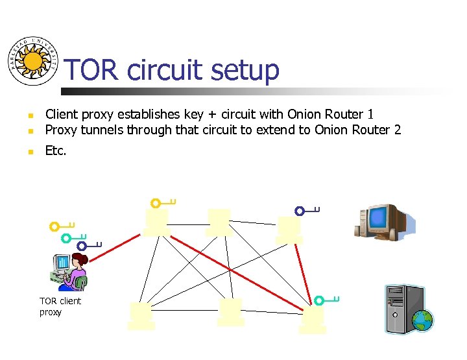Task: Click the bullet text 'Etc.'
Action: (x=55, y=151)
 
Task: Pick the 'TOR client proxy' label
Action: (x=60, y=306)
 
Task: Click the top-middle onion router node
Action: (x=219, y=222)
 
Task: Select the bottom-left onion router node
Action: (x=141, y=315)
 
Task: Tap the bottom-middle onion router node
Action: (x=231, y=311)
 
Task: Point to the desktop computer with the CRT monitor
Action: (x=383, y=222)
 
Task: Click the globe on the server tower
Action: (x=422, y=320)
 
